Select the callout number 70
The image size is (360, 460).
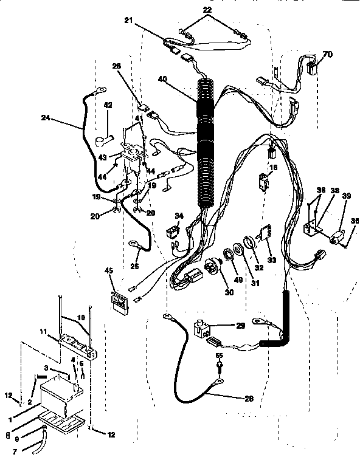(328, 55)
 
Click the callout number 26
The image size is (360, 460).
(117, 67)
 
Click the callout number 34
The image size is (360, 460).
(178, 216)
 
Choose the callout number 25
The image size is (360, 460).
(135, 266)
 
